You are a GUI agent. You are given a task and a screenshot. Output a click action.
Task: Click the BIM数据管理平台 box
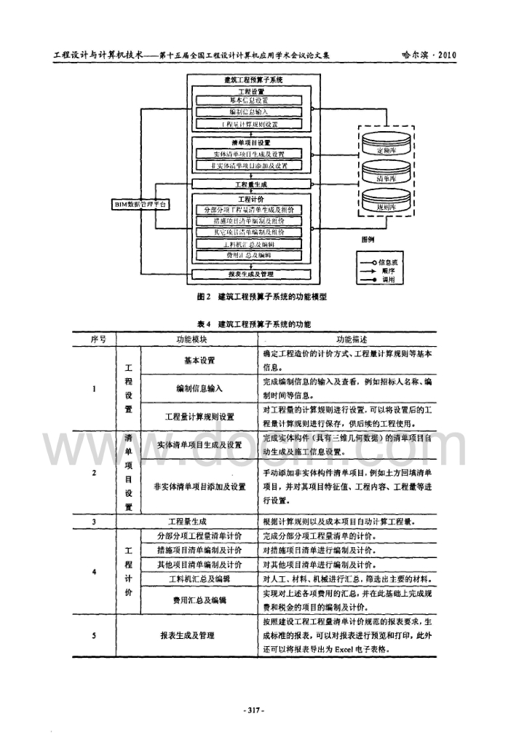(x=141, y=205)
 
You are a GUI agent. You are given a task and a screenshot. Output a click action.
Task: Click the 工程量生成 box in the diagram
(x=250, y=184)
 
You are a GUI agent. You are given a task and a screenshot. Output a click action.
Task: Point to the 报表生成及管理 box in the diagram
(x=250, y=275)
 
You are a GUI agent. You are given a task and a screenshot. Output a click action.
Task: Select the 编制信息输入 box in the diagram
(x=250, y=112)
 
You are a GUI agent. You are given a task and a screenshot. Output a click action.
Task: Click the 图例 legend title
(x=368, y=238)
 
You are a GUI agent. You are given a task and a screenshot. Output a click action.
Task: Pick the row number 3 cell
(x=95, y=522)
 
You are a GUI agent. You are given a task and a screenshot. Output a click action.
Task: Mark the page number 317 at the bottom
(x=255, y=709)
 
